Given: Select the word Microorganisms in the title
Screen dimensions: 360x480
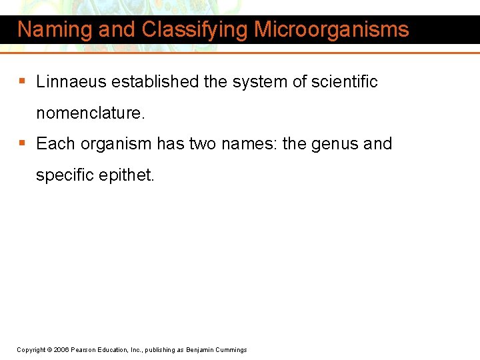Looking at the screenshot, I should click(x=331, y=30).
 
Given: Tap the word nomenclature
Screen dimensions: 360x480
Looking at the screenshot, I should click(x=90, y=113).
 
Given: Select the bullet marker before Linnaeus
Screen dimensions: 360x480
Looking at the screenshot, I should click(x=23, y=82).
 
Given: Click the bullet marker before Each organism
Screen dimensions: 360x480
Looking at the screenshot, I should click(x=23, y=144).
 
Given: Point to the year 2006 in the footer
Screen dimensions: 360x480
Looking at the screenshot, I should click(x=61, y=350).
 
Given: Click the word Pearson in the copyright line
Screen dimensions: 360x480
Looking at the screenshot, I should click(x=85, y=350).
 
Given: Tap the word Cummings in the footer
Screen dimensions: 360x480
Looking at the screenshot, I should click(x=230, y=350).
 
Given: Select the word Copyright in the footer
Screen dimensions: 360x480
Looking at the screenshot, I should click(x=31, y=350).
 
